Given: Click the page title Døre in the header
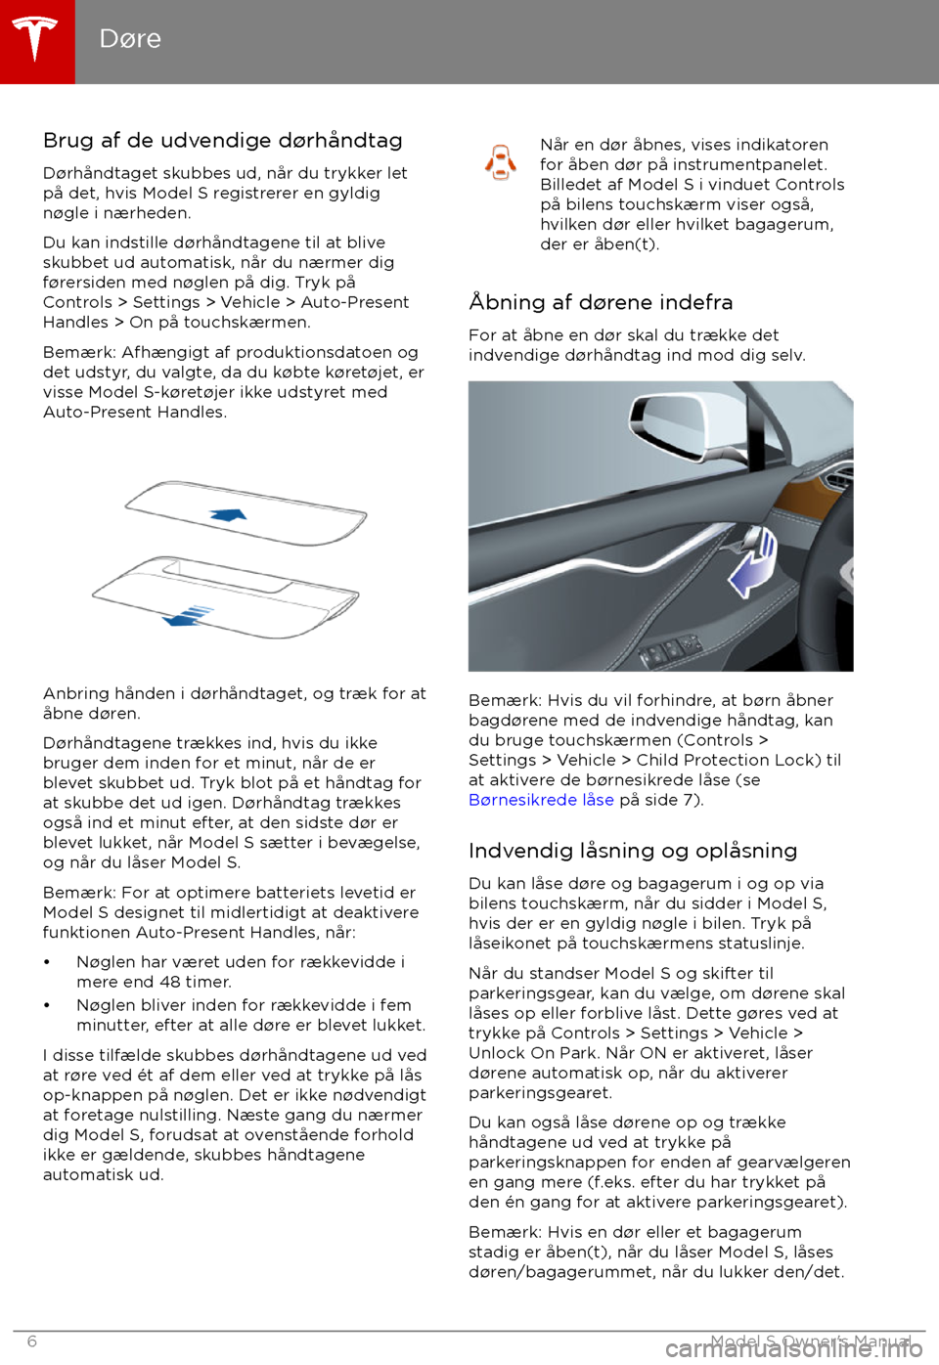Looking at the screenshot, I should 130,39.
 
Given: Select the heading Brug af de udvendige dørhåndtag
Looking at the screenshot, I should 222,141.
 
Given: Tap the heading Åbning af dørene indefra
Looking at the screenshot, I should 601,302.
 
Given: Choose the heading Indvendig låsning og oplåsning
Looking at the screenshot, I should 633,851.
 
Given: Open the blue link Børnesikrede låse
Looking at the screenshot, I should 541,800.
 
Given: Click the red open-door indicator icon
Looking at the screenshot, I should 501,162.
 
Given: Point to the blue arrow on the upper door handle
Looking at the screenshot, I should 229,513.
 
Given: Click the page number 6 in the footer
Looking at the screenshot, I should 31,1342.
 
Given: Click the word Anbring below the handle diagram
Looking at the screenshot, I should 76,693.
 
